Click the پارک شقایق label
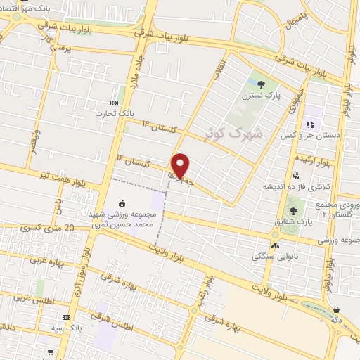click(x=293, y=222)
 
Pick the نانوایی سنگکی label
click(x=275, y=257)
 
